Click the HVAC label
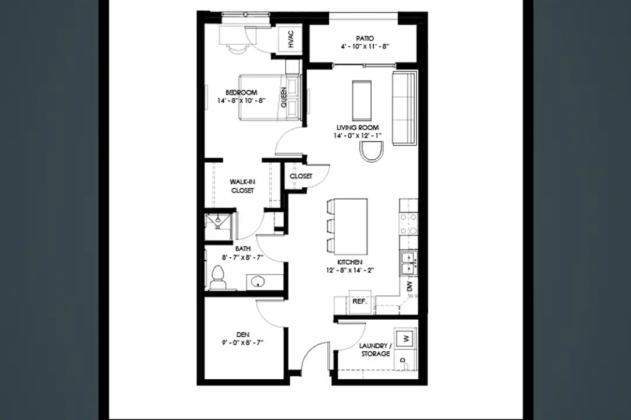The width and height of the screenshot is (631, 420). pos(291,40)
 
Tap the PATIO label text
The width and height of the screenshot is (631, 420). pos(365,38)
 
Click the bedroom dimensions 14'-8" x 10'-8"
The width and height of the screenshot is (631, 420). pos(241,100)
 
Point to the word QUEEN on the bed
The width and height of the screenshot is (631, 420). pos(284,97)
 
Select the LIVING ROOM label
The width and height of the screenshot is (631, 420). pos(358,127)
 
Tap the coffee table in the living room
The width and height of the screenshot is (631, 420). pos(362,100)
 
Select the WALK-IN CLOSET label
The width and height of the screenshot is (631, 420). pos(242,186)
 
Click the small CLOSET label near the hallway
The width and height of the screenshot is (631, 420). pos(301,176)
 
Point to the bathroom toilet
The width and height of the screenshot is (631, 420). pos(218,277)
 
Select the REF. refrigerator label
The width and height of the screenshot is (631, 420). pos(359,301)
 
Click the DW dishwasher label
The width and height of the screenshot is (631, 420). pos(410,286)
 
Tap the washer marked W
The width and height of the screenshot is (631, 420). pos(405,338)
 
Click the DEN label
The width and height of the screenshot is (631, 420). pos(242,334)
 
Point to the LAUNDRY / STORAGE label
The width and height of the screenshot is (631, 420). pos(375,349)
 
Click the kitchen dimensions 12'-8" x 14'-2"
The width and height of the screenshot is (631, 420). pos(350,270)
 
